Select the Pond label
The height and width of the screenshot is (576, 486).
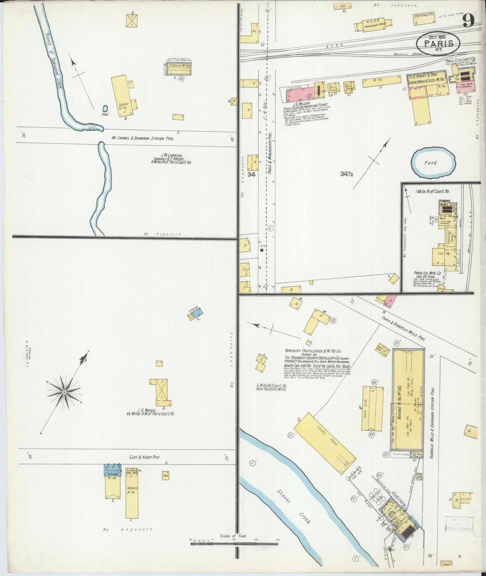[430, 163]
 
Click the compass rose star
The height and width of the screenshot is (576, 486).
[64, 392]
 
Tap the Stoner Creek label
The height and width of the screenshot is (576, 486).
[294, 505]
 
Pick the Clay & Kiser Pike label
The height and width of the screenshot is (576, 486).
[144, 457]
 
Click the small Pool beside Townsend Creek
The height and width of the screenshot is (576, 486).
[105, 109]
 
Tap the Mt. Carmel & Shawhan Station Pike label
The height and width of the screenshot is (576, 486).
[144, 138]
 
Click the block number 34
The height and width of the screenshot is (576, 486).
[251, 174]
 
